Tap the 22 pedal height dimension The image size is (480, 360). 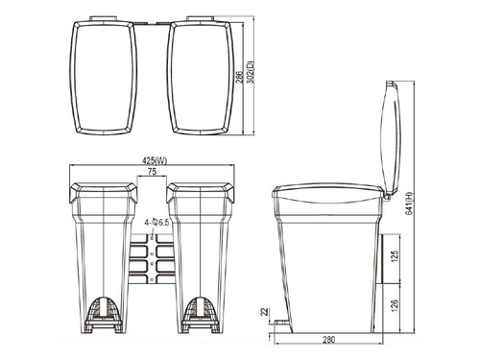(x=262, y=311)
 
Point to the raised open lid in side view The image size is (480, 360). (x=389, y=139)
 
